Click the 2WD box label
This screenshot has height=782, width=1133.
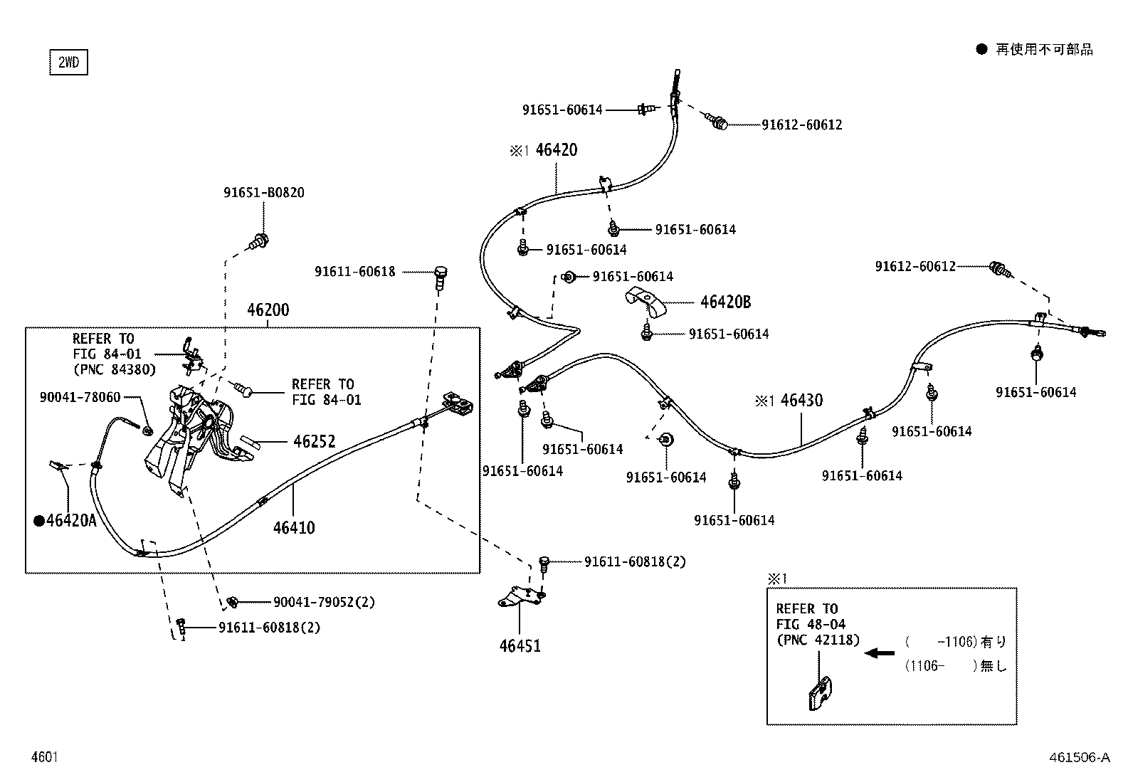[x=68, y=62]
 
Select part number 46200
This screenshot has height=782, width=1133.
[x=268, y=310]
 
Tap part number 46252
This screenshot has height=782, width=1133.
[x=314, y=442]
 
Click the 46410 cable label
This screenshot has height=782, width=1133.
[x=294, y=528]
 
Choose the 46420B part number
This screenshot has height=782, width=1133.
[x=725, y=302]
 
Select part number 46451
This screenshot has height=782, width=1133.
[x=520, y=646]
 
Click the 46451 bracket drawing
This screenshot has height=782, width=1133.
[x=521, y=597]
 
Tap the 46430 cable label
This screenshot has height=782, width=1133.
[x=801, y=401]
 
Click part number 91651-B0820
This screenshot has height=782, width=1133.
[x=264, y=193]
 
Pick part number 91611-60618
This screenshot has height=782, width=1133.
[x=354, y=272]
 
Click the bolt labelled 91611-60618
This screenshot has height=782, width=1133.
[x=441, y=278]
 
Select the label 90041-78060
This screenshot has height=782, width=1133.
[x=80, y=398]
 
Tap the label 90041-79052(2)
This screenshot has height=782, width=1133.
[x=325, y=602]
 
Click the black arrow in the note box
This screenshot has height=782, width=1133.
[x=879, y=653]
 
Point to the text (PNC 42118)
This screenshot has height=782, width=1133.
[x=818, y=640]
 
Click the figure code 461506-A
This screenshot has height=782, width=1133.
[x=1080, y=757]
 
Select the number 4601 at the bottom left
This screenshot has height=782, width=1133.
[x=45, y=757]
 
